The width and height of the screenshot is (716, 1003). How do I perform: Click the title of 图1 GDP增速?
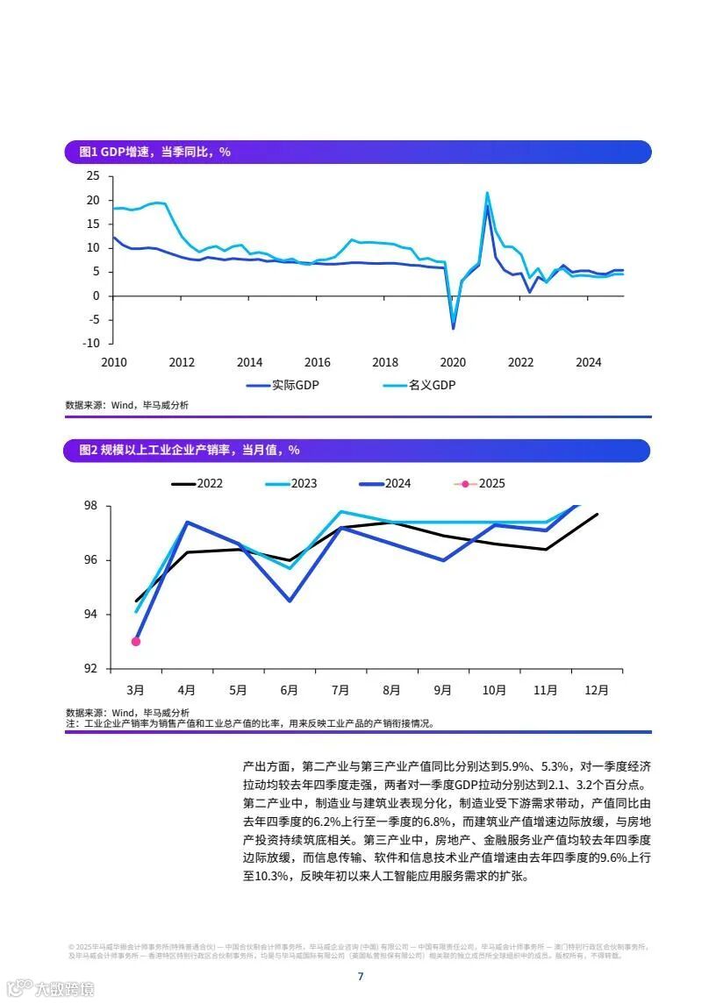(154, 152)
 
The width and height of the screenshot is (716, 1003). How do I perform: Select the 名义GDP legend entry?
(433, 385)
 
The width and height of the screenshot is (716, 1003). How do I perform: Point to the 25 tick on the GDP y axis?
(93, 176)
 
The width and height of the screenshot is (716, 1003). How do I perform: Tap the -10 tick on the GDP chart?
(91, 343)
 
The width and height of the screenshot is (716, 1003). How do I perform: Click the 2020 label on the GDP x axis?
(453, 362)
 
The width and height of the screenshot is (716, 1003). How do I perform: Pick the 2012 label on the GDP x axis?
(182, 362)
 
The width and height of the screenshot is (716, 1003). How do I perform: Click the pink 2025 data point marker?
(136, 642)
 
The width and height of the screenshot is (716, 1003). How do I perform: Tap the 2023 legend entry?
(304, 483)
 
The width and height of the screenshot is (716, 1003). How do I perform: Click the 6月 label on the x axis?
(290, 690)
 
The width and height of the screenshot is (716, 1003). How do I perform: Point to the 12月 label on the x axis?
(597, 690)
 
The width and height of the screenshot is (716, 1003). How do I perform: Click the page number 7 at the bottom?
(360, 977)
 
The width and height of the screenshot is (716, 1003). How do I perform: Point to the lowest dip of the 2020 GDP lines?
(454, 328)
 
